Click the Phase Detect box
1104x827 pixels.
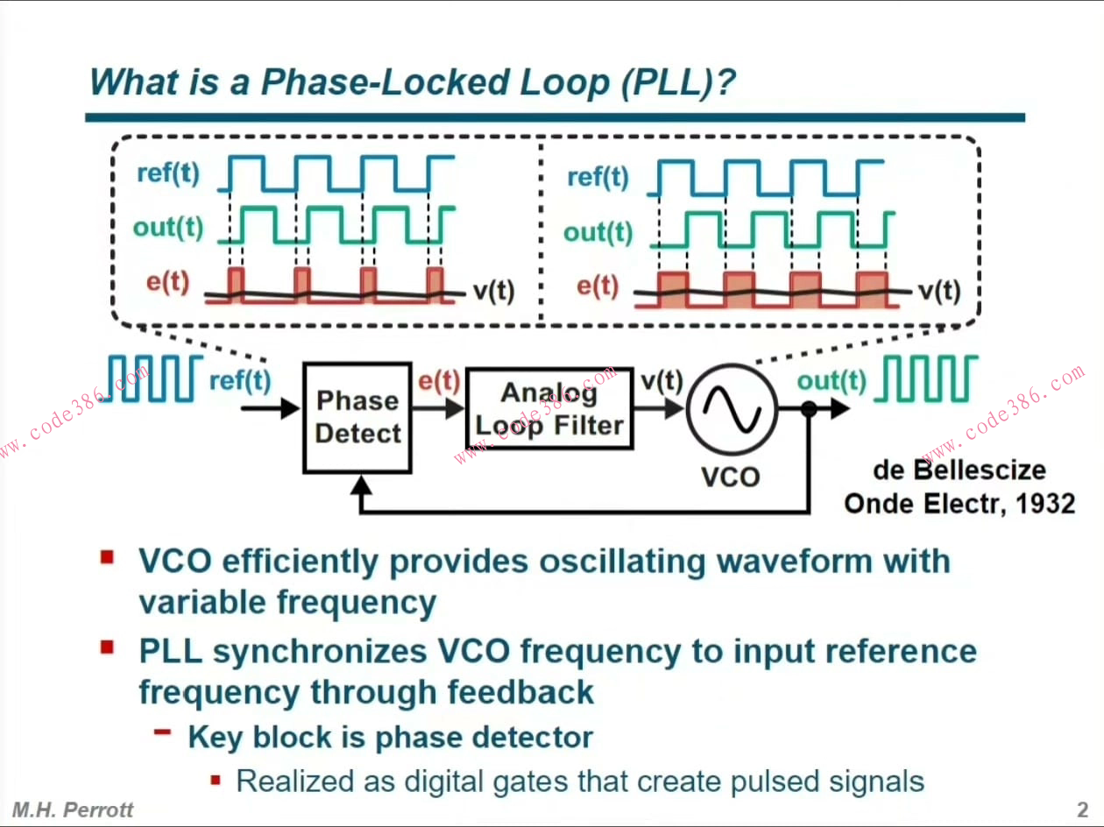point(357,417)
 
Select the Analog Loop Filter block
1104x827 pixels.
point(549,409)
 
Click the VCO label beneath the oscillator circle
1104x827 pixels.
point(731,477)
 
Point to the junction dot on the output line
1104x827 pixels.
point(809,408)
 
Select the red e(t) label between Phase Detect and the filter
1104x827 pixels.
point(438,380)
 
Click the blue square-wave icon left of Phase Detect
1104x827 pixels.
point(155,378)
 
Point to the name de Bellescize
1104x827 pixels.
point(959,470)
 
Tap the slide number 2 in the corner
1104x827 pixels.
point(1082,809)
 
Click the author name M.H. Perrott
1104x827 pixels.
point(73,809)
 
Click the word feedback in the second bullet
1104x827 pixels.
point(520,692)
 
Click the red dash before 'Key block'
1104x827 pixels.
point(163,732)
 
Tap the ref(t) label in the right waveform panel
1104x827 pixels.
point(598,177)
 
